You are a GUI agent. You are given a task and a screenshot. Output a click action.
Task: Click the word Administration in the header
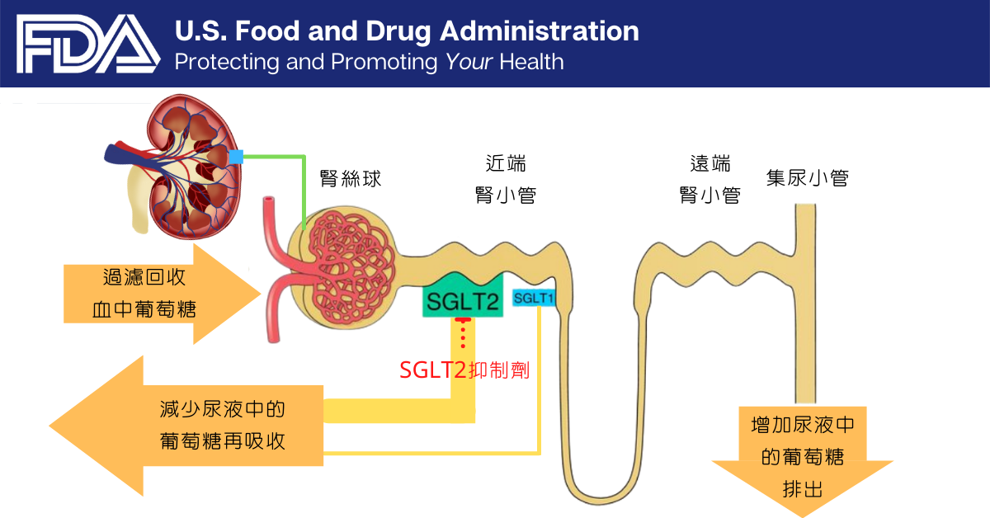539,31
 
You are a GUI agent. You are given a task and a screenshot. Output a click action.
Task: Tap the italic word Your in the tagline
469,61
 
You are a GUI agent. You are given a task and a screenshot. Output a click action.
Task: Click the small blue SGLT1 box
533,297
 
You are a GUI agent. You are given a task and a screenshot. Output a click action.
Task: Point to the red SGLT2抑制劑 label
464,370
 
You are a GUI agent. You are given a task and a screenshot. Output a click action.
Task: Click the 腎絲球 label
351,178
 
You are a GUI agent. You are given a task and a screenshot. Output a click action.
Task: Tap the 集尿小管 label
807,177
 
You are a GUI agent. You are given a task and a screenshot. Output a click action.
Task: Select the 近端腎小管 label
505,179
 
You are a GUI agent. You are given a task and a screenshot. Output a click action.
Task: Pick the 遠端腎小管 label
709,179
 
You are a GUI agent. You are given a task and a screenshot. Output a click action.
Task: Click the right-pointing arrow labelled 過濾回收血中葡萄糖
157,294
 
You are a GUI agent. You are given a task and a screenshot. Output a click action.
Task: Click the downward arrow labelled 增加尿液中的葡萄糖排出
803,458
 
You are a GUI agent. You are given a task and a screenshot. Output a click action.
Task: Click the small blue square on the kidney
237,156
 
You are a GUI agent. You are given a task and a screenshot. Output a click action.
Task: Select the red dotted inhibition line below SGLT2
463,334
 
